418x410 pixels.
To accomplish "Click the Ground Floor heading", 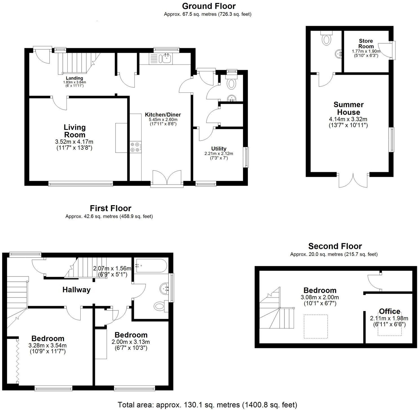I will pyautogui.click(x=209, y=6).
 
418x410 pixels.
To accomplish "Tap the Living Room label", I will pyautogui.click(x=74, y=131).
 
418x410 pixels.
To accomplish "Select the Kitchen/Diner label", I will pyautogui.click(x=163, y=115).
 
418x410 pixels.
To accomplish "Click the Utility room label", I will pyautogui.click(x=219, y=149).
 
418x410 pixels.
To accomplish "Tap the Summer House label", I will pyautogui.click(x=348, y=108).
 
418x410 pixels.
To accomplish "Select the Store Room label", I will pyautogui.click(x=366, y=44).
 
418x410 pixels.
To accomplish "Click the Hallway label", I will pyautogui.click(x=76, y=290).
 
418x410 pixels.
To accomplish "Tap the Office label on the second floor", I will pyautogui.click(x=389, y=311).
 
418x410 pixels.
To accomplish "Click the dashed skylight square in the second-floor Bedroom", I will pyautogui.click(x=316, y=326).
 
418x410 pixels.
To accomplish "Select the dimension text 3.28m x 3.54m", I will pyautogui.click(x=47, y=345).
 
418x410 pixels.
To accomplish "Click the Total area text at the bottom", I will pyautogui.click(x=207, y=405).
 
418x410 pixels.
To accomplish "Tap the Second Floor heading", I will pyautogui.click(x=335, y=246).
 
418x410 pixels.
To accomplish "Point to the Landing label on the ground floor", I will pyautogui.click(x=74, y=78).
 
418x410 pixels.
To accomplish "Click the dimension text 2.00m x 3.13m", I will pyautogui.click(x=131, y=342).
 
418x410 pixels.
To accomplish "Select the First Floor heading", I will pyautogui.click(x=110, y=208).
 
